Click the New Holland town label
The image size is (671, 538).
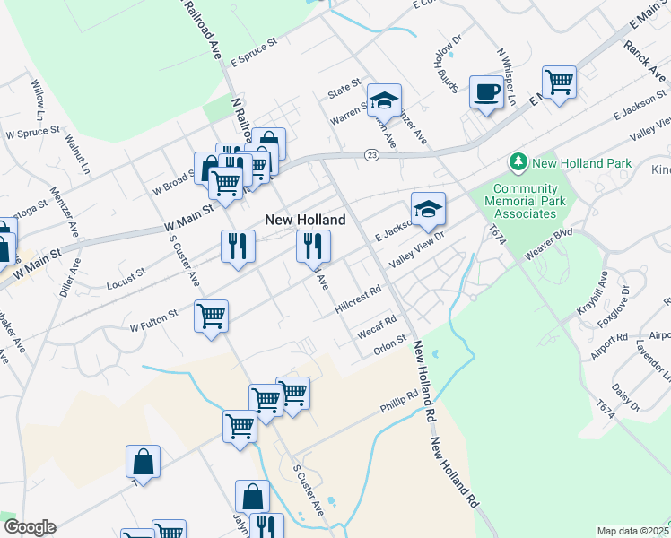pyautogui.click(x=304, y=220)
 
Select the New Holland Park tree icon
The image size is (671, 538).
pyautogui.click(x=518, y=162)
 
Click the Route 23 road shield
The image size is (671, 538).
pyautogui.click(x=371, y=155)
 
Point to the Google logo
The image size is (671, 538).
pyautogui.click(x=29, y=527)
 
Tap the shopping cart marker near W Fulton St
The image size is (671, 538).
pyautogui.click(x=211, y=316)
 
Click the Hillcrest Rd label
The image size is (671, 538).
pyautogui.click(x=358, y=299)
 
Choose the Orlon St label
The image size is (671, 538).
pyautogui.click(x=390, y=344)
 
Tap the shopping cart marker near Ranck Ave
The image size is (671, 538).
pyautogui.click(x=559, y=82)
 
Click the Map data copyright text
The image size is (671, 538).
pyautogui.click(x=632, y=531)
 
